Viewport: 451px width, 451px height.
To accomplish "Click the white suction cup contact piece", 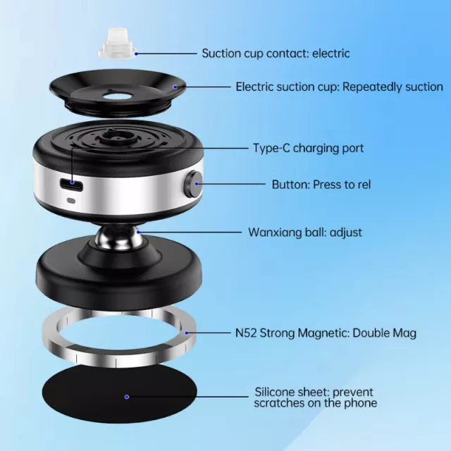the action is pyautogui.click(x=118, y=44).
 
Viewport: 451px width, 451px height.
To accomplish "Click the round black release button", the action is pyautogui.click(x=193, y=183).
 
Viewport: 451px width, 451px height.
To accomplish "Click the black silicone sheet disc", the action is pyautogui.click(x=119, y=394).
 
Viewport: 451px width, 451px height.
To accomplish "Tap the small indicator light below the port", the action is pyautogui.click(x=70, y=200).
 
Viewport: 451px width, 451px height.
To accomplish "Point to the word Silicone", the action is pyautogui.click(x=276, y=392).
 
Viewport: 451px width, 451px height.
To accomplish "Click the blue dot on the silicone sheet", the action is pyautogui.click(x=127, y=397).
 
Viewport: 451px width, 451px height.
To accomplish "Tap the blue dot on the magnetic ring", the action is pyautogui.click(x=187, y=333).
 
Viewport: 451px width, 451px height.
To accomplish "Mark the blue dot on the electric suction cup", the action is pyautogui.click(x=175, y=87).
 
